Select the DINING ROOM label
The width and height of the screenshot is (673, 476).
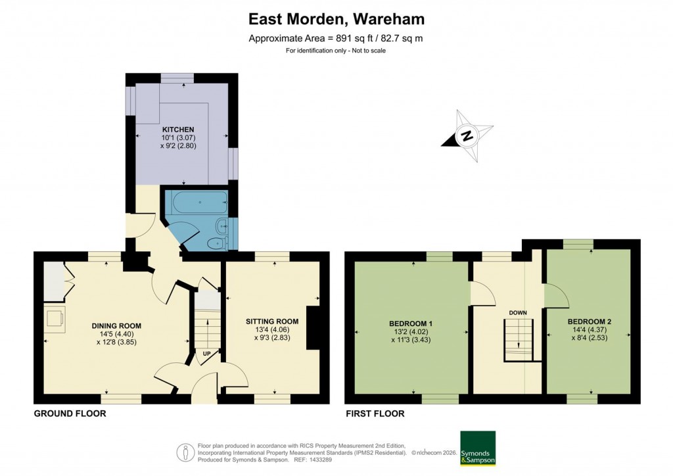pos(116,325)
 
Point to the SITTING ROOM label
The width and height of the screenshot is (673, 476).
pos(272,321)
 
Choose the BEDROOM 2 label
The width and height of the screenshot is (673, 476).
pos(590,321)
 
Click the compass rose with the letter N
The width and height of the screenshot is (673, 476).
pos(467,137)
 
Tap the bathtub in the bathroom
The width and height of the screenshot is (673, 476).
pos(195,202)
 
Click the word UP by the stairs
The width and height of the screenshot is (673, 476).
pos(206,352)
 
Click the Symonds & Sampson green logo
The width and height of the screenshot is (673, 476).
pos(478,448)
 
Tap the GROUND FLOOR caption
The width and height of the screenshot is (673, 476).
pos(70,414)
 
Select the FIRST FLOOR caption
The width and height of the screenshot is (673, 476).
pos(375,414)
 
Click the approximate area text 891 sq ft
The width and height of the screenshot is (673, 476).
pos(336,38)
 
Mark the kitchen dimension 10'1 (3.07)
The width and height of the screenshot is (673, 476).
pos(178,138)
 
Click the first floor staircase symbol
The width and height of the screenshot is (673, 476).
pos(518,341)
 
